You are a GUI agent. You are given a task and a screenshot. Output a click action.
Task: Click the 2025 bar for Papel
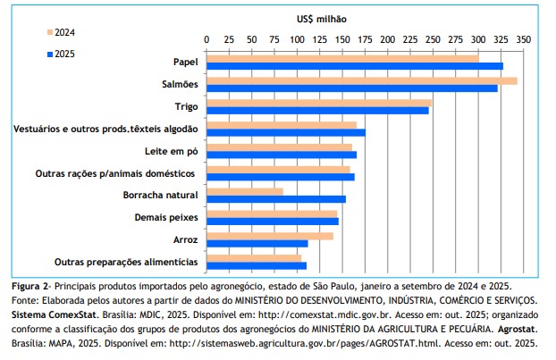[x=354, y=66]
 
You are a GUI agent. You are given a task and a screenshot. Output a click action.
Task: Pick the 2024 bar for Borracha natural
[x=244, y=190]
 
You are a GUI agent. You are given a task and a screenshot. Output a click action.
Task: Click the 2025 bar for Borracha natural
[x=275, y=198]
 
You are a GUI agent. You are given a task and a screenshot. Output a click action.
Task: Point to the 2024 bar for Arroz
[x=269, y=235]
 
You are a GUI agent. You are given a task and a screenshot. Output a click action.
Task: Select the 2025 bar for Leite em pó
[x=281, y=155]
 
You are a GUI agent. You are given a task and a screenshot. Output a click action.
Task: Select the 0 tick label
[x=206, y=40]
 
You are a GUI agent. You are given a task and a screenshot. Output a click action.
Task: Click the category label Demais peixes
[x=166, y=217]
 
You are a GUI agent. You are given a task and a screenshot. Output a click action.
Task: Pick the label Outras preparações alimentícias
[x=126, y=262]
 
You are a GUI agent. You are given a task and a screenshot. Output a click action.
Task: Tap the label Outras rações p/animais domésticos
[x=116, y=172]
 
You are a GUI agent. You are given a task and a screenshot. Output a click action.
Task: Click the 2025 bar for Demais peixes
[x=272, y=221]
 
